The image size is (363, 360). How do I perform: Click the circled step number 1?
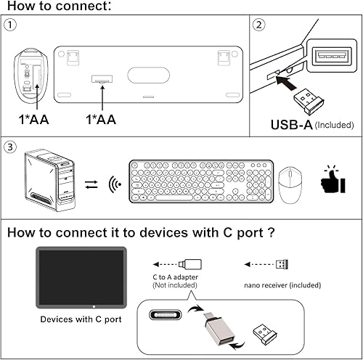click(x=10, y=25)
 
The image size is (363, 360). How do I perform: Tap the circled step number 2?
click(x=260, y=25)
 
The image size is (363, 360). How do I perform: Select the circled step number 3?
click(x=10, y=147)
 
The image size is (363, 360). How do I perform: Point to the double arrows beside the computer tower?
click(x=90, y=184)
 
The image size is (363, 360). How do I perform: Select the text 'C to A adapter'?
click(x=174, y=278)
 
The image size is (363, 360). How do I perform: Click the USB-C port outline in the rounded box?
click(x=168, y=316)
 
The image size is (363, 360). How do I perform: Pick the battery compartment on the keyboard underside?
click(x=102, y=78)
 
